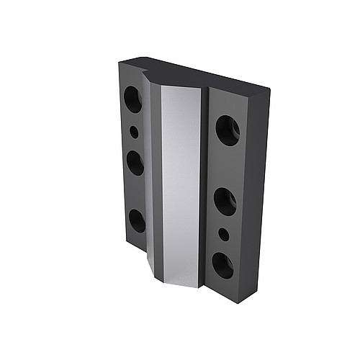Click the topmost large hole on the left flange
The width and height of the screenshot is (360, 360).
point(132,99)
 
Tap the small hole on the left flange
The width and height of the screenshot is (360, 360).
point(134,132)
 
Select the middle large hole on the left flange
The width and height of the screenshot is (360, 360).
point(135,163)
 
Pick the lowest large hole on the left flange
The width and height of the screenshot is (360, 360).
point(137,220)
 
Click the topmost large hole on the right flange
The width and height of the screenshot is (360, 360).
point(228,130)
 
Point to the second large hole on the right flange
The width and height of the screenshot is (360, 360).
point(225,202)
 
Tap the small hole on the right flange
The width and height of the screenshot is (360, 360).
point(224,235)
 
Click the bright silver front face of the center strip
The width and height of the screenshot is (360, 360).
point(180,180)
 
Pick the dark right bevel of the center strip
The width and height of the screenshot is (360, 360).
point(204,187)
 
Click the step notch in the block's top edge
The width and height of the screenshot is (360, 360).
point(148,72)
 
